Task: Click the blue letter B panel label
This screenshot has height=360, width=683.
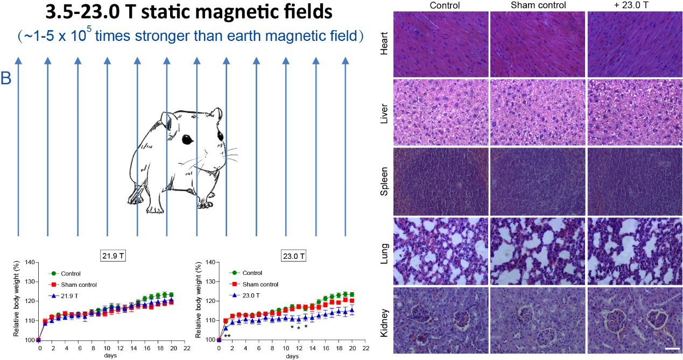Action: point(6,79)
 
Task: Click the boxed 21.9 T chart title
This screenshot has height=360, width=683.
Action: point(114,256)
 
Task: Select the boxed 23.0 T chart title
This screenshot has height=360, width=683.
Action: point(293,256)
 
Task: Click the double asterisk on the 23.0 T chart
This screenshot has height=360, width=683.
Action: point(227,336)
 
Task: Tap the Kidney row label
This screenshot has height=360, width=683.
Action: point(383,321)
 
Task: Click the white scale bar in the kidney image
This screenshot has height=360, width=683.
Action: point(672,349)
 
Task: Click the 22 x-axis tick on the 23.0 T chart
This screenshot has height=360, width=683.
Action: point(365,348)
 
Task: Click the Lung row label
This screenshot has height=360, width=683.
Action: point(383,250)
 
